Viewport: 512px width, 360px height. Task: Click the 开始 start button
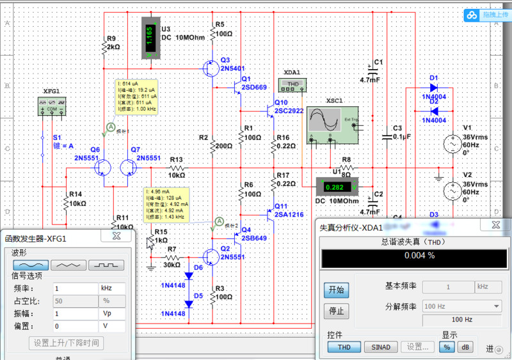(336, 290)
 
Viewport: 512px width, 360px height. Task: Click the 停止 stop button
(336, 311)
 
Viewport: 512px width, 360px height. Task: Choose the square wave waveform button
(106, 264)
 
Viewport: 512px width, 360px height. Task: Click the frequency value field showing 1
(75, 288)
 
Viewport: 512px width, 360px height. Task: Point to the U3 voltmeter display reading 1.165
(148, 37)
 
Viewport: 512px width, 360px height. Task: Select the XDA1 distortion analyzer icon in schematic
(293, 84)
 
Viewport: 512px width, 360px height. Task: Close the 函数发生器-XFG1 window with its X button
(116, 236)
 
